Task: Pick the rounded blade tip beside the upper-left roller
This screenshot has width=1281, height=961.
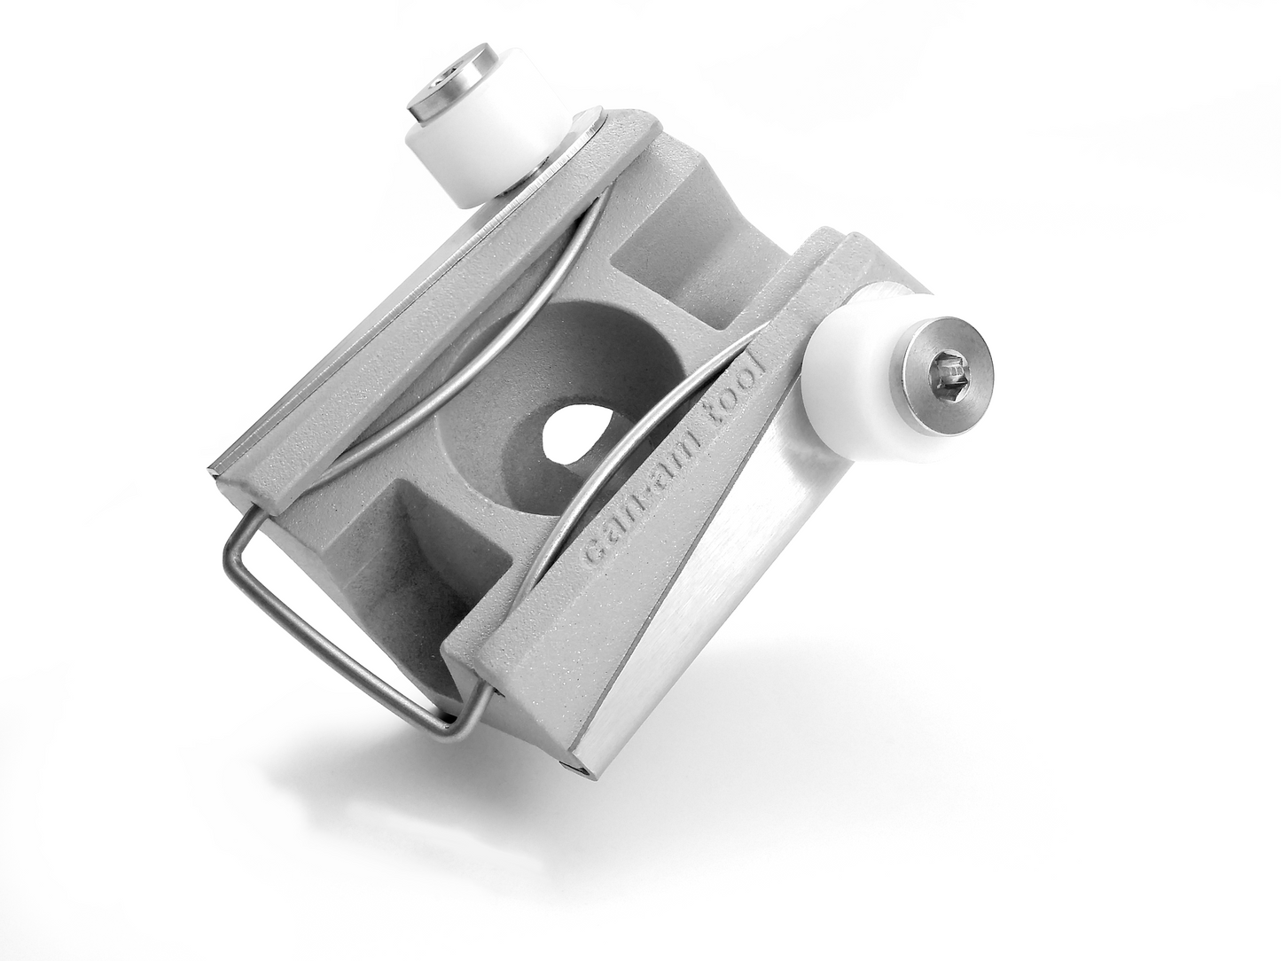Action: [590, 124]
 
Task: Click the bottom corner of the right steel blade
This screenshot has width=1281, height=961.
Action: [576, 770]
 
